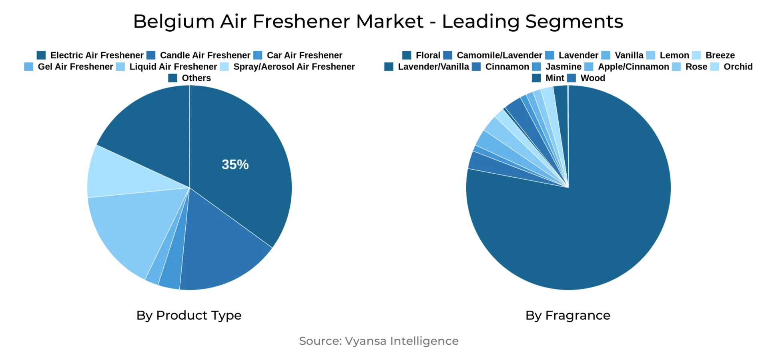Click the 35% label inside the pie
(x=235, y=164)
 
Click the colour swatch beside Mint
(x=536, y=78)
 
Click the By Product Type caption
(x=189, y=315)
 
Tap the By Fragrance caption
(x=567, y=315)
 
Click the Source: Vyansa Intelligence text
(x=379, y=341)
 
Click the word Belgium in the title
(x=174, y=22)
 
